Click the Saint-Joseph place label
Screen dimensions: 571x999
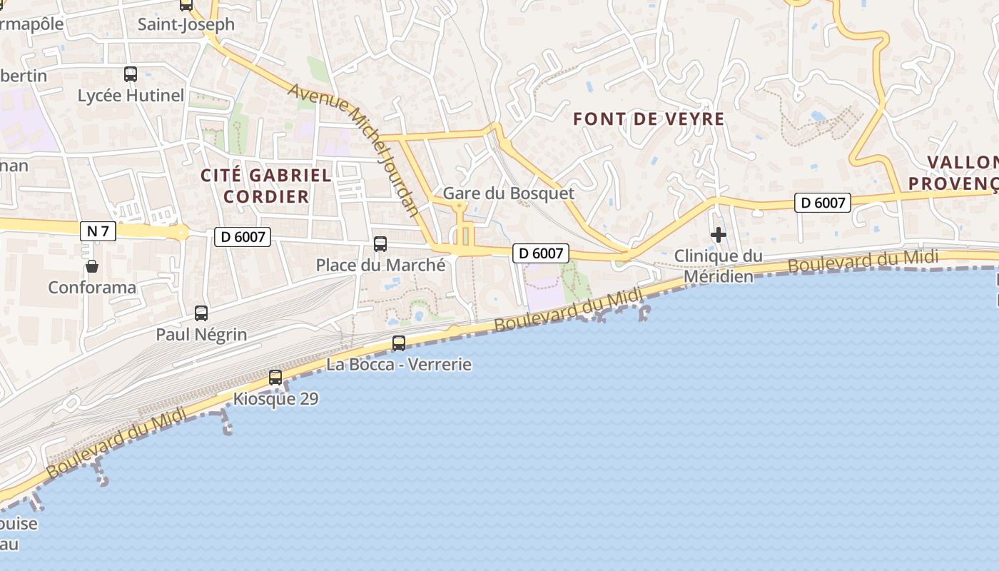click(x=186, y=24)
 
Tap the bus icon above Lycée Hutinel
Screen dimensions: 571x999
click(x=131, y=74)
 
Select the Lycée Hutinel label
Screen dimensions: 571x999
click(x=131, y=96)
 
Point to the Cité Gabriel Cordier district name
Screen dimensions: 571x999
click(x=266, y=186)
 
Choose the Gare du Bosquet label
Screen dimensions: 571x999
click(x=509, y=193)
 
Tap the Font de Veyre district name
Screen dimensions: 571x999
click(x=649, y=119)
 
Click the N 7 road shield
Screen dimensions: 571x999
click(x=98, y=231)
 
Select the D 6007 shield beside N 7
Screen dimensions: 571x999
click(x=243, y=237)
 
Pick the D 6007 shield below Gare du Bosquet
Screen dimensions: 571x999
click(x=541, y=253)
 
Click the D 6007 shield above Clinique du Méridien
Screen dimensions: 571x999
click(x=823, y=203)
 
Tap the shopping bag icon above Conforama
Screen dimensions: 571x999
click(x=92, y=267)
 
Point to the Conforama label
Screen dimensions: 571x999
click(x=92, y=288)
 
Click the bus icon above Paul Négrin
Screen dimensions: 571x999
click(x=201, y=313)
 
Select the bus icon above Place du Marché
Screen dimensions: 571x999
click(x=380, y=244)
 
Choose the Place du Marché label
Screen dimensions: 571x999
click(x=380, y=266)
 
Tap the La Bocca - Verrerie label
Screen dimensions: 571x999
click(x=399, y=365)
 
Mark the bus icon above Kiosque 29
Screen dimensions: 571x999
click(x=275, y=378)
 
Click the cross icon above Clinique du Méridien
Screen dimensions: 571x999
click(x=718, y=234)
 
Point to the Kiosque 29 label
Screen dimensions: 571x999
click(x=275, y=399)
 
